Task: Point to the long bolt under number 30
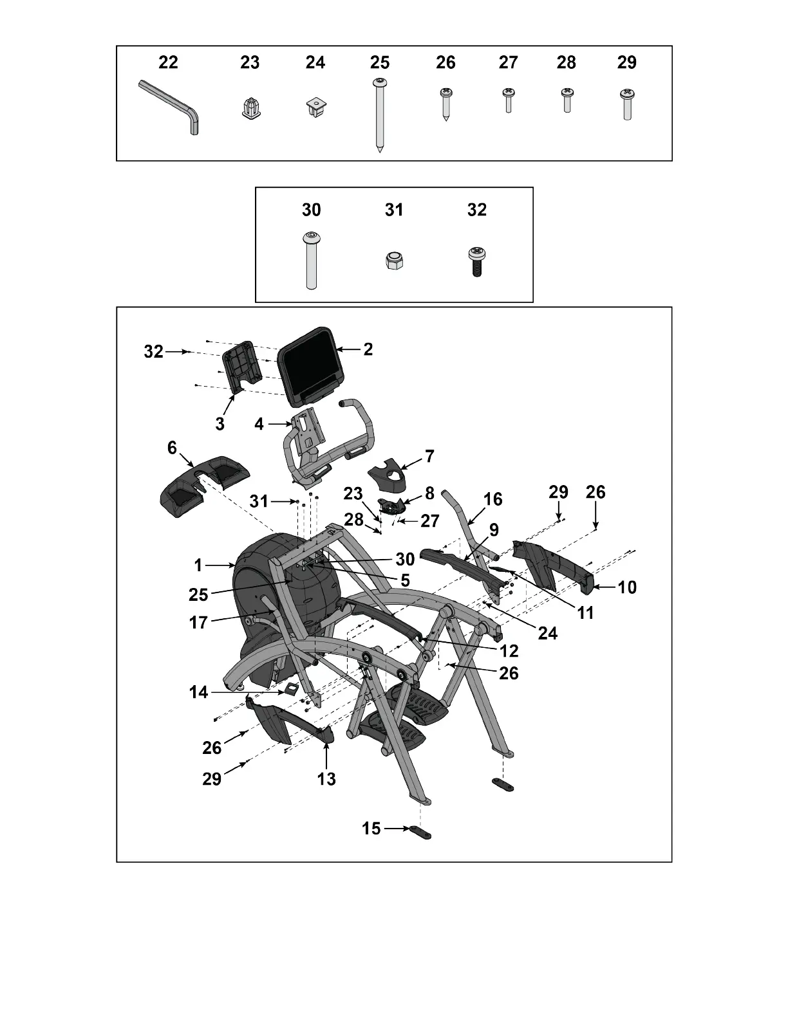coord(311,260)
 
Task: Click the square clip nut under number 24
coord(315,107)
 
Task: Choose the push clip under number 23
coord(250,108)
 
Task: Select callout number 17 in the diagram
coord(198,623)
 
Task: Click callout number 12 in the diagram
coord(509,651)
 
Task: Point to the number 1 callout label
coord(198,565)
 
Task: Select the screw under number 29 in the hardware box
coord(627,104)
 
